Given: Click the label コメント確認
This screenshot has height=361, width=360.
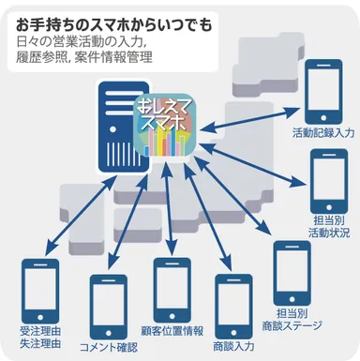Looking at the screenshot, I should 110,348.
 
